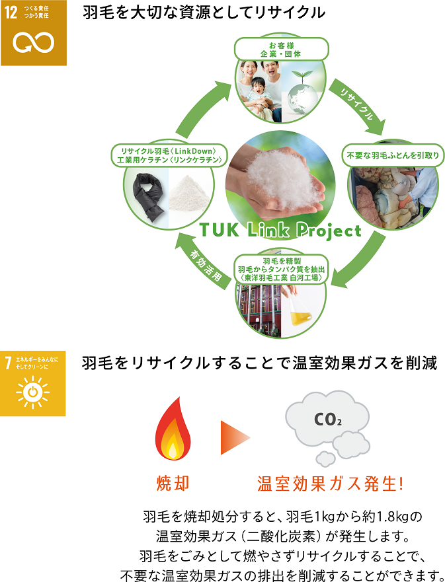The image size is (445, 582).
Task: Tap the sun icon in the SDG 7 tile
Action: click(32, 392)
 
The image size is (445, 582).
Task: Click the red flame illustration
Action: click(173, 429)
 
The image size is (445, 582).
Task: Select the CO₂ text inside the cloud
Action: click(327, 419)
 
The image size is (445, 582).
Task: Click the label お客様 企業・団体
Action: click(281, 50)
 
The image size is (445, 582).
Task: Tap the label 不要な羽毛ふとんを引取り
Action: click(393, 155)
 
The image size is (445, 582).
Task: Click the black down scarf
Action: click(148, 197)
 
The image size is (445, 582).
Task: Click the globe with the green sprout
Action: click(303, 91)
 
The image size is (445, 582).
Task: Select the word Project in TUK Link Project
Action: click(329, 231)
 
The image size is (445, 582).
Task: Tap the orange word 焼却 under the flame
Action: click(173, 484)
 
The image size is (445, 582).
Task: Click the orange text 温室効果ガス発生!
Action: click(330, 484)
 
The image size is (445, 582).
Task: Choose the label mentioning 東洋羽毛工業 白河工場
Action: click(281, 270)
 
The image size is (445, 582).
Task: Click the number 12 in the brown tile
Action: click(11, 13)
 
